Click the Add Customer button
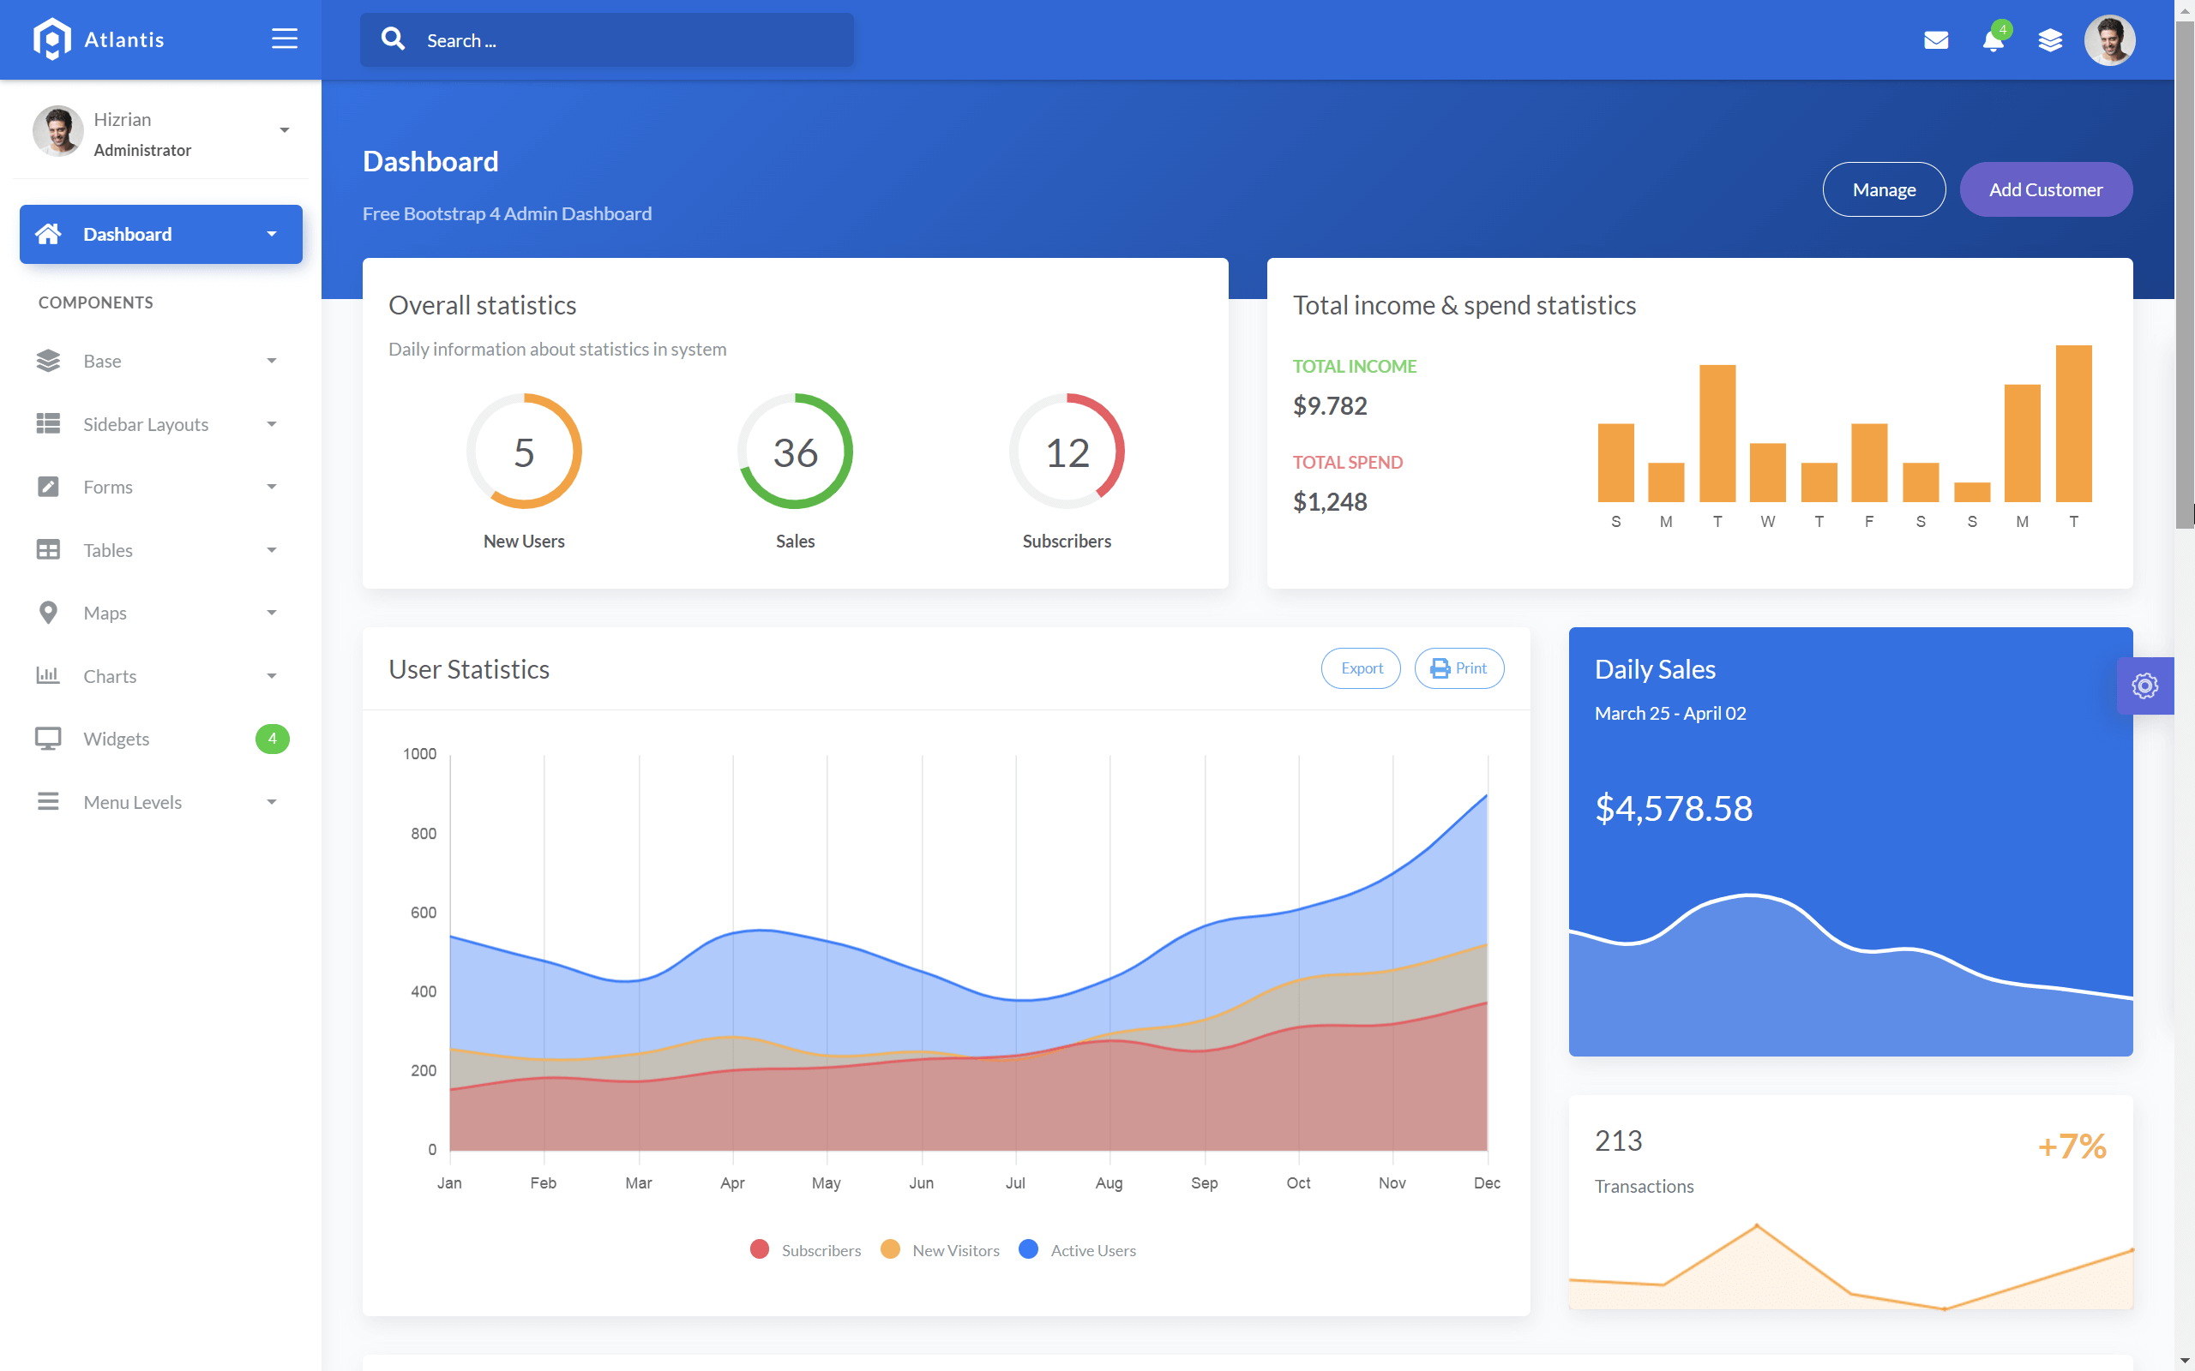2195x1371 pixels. pyautogui.click(x=2044, y=189)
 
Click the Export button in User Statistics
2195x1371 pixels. pyautogui.click(x=1361, y=668)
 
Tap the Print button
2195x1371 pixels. pyautogui.click(x=1458, y=668)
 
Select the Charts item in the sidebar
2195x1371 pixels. pyautogui.click(x=110, y=676)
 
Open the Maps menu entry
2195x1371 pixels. pyautogui.click(x=105, y=613)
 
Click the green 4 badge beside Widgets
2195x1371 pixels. pyautogui.click(x=272, y=739)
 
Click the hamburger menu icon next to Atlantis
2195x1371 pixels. pyautogui.click(x=284, y=39)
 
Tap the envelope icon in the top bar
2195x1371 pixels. pyautogui.click(x=1935, y=40)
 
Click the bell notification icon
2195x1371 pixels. pyautogui.click(x=1992, y=41)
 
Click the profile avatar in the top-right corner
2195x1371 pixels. pyautogui.click(x=2109, y=40)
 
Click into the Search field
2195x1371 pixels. pyautogui.click(x=626, y=40)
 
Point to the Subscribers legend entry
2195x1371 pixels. pyautogui.click(x=806, y=1250)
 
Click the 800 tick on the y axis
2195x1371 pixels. pyautogui.click(x=423, y=833)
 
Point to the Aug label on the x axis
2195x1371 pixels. pyautogui.click(x=1109, y=1183)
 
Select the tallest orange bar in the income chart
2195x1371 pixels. pyautogui.click(x=2072, y=423)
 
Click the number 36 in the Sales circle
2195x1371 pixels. pyautogui.click(x=795, y=452)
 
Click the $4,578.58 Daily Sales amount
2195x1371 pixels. pyautogui.click(x=1673, y=808)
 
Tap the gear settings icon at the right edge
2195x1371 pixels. pyautogui.click(x=2144, y=685)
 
